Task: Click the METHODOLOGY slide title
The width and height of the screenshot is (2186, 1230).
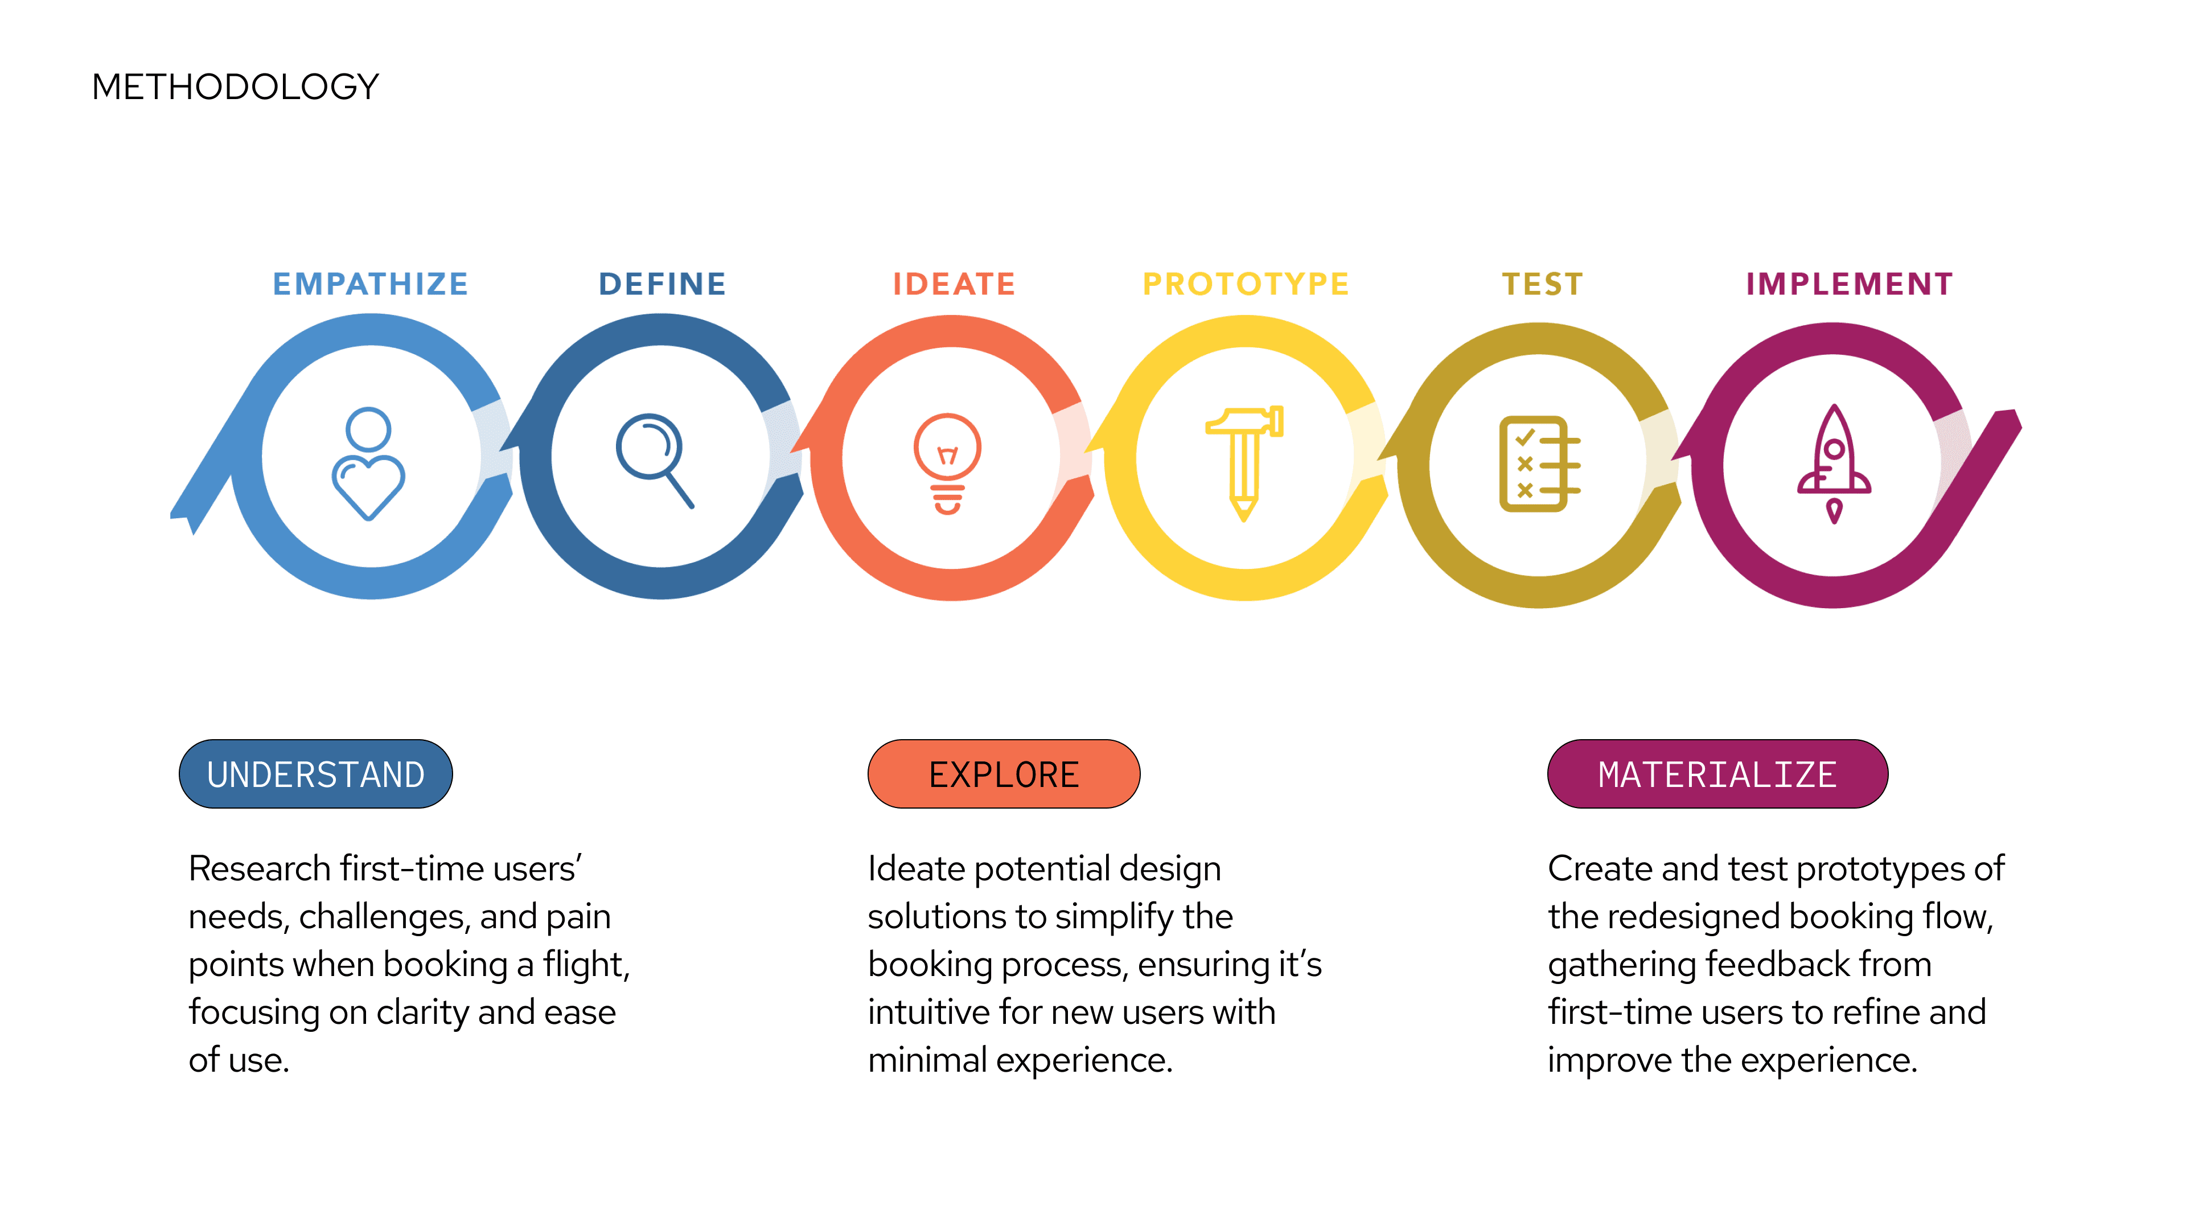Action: point(235,87)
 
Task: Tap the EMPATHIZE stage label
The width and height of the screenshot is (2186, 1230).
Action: point(370,284)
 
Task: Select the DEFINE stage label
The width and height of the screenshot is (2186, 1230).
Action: point(662,284)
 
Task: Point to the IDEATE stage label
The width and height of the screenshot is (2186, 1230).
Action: point(954,284)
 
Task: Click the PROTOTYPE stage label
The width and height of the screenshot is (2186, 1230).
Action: point(1246,284)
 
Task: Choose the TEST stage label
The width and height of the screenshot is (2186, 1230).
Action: point(1542,284)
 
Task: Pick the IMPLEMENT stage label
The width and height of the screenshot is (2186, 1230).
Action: point(1849,284)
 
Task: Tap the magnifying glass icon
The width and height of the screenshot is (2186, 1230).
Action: point(654,459)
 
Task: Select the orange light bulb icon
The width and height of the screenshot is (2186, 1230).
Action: point(947,462)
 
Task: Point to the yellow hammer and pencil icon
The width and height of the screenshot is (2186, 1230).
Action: point(1244,462)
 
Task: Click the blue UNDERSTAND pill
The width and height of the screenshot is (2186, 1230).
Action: point(316,774)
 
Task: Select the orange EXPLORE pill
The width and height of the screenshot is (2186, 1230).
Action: point(1004,774)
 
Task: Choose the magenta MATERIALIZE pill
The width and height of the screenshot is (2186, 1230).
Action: point(1717,774)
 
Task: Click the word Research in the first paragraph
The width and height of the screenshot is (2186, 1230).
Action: point(259,869)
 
